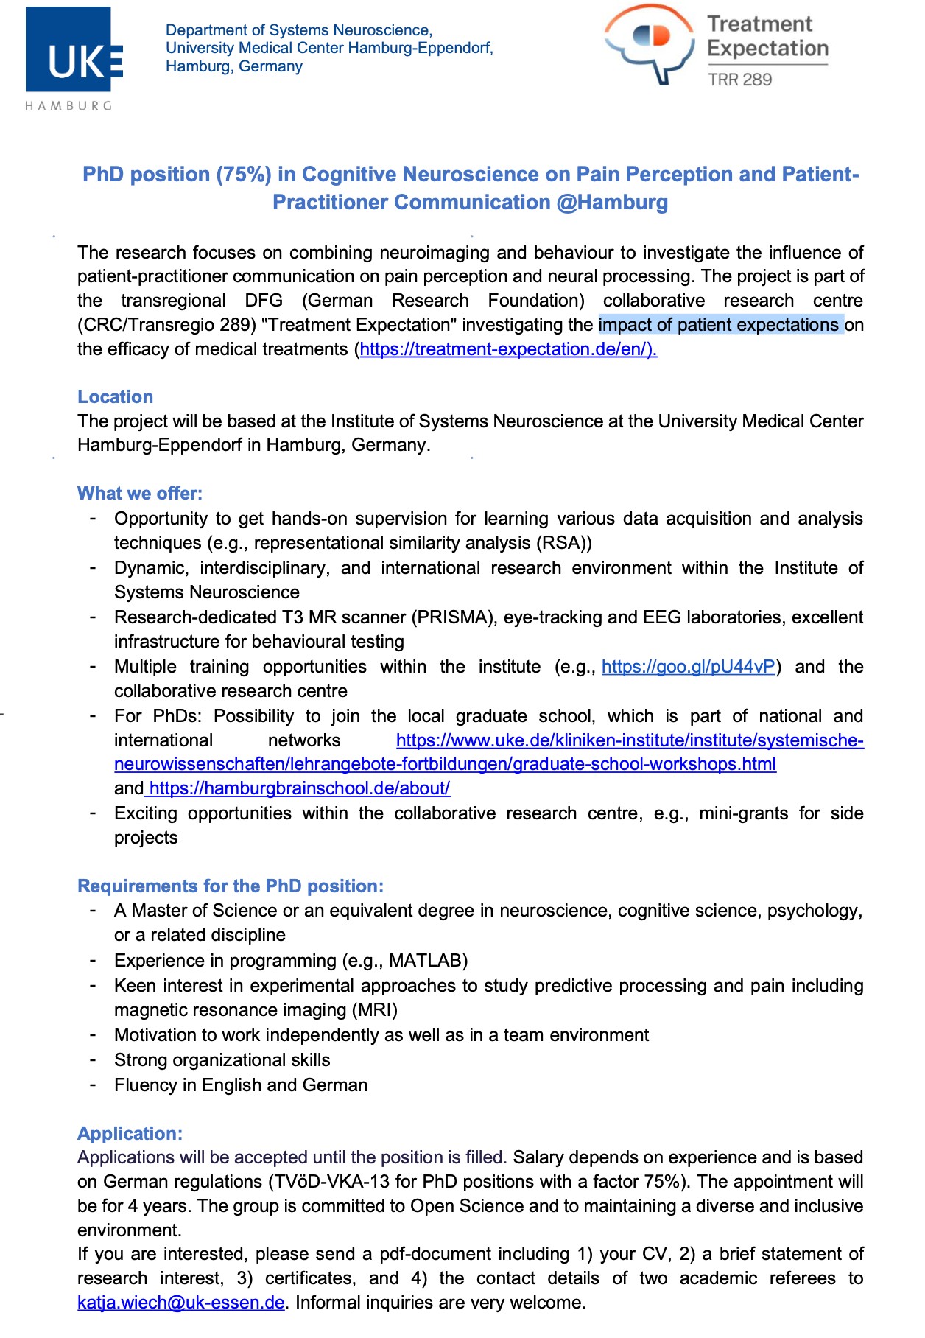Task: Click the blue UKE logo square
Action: point(68,49)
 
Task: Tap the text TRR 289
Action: point(739,80)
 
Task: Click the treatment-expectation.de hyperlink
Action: point(507,349)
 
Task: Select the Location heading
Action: point(115,396)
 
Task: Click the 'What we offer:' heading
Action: point(139,493)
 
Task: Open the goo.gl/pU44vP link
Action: point(688,667)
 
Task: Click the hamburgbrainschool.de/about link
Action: point(299,788)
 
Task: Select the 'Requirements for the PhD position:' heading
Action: point(231,886)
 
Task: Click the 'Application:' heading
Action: point(130,1133)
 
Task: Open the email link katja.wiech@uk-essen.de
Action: point(180,1303)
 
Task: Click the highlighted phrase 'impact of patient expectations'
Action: point(720,325)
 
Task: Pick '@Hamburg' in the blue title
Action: point(612,203)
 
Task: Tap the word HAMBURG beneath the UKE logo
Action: point(68,105)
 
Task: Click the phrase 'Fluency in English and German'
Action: point(240,1085)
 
